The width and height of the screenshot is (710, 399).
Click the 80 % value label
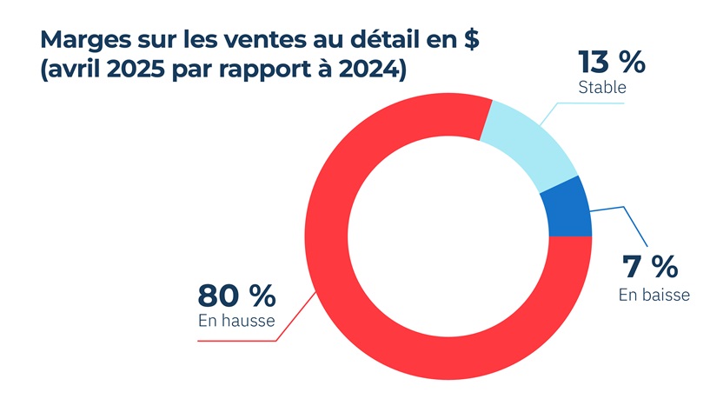236,296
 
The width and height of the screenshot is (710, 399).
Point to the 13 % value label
612,63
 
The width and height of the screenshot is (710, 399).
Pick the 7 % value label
648,265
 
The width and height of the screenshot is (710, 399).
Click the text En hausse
236,321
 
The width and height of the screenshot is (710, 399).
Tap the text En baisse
654,295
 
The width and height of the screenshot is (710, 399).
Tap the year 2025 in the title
140,70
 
